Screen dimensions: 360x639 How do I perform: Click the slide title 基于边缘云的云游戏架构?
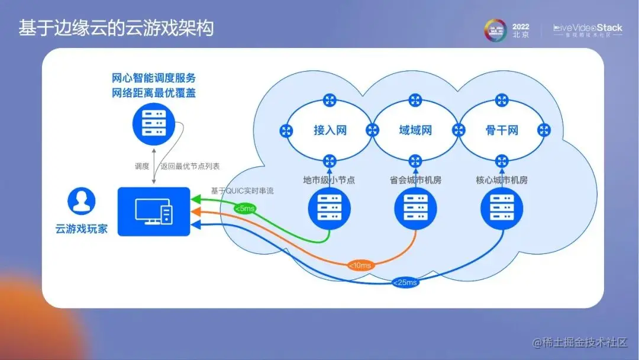[x=115, y=28]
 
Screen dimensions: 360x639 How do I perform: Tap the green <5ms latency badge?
[x=244, y=208]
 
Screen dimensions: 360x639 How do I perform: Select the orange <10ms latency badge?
[x=360, y=265]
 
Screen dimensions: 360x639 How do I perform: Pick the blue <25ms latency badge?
[x=405, y=282]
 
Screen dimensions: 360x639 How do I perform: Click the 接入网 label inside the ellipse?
[x=330, y=130]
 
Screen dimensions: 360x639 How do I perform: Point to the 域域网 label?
[x=415, y=130]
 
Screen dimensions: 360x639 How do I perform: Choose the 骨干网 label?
[x=502, y=130]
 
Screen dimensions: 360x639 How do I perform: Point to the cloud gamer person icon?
[x=81, y=202]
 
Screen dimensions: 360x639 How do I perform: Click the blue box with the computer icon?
[x=154, y=211]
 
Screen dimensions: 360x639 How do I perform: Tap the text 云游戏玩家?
[x=82, y=230]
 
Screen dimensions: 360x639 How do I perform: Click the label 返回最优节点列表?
[x=189, y=166]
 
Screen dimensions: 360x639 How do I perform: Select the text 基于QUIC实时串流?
[x=242, y=191]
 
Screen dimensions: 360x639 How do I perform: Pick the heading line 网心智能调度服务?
[x=154, y=78]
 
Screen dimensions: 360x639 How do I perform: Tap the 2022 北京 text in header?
[x=521, y=31]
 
